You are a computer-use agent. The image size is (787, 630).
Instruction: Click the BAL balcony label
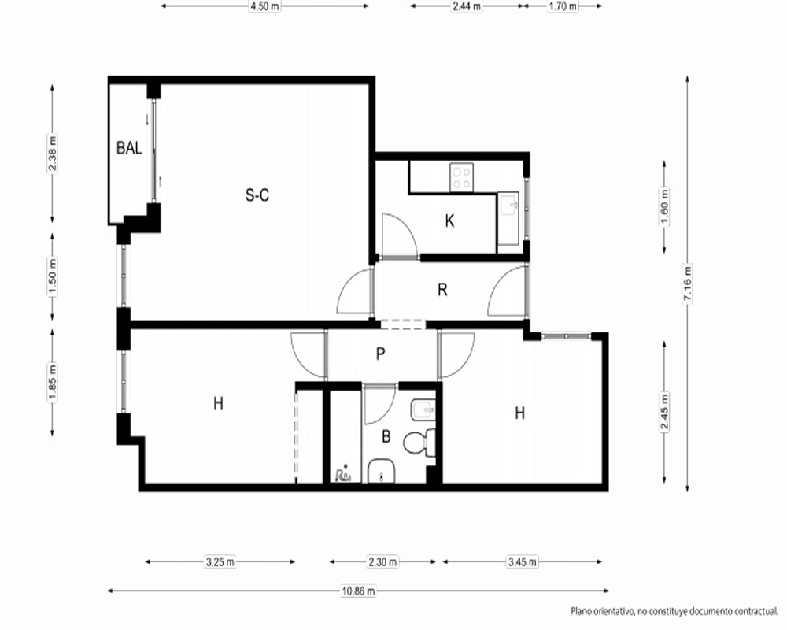[x=129, y=148]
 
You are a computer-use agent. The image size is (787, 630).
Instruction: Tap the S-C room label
[x=257, y=195]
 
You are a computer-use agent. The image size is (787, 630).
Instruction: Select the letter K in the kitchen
[x=449, y=220]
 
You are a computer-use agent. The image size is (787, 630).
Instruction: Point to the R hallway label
[x=442, y=289]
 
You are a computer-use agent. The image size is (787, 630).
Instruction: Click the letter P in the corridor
[x=380, y=354]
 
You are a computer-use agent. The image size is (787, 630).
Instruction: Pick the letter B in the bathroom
[x=386, y=436]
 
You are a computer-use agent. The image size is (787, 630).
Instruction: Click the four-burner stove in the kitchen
[x=461, y=177]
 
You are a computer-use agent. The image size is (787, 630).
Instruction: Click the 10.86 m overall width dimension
[x=358, y=591]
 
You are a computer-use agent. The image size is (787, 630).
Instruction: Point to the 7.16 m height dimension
[x=687, y=283]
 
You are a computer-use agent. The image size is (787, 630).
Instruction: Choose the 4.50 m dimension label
[x=264, y=6]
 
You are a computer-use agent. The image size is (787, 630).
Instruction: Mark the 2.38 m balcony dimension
[x=52, y=153]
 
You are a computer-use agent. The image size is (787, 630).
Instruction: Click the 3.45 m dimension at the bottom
[x=522, y=561]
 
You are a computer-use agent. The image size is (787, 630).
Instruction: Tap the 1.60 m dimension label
[x=664, y=207]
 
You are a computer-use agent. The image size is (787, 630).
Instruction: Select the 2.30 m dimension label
[x=382, y=561]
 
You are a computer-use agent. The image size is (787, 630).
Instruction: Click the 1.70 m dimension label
[x=562, y=6]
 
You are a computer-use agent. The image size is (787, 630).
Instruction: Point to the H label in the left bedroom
[x=218, y=403]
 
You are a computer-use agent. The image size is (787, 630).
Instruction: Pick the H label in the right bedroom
[x=520, y=413]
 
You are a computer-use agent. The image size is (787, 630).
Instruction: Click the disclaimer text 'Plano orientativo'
[x=602, y=611]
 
